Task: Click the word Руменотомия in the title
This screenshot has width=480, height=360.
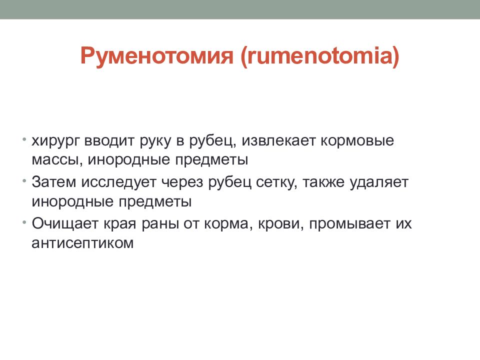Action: [x=156, y=56]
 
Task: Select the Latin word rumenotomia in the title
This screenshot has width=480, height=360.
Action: [x=319, y=55]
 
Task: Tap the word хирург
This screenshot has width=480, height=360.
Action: [x=55, y=141]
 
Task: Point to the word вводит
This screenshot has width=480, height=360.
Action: [x=109, y=140]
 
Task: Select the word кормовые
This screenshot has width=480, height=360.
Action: [x=357, y=141]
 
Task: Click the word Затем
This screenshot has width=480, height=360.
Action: [x=54, y=182]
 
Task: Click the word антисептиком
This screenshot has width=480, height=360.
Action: [x=82, y=243]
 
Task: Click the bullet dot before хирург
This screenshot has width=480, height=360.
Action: [x=24, y=139]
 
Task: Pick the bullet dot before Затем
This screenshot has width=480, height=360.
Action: [x=24, y=181]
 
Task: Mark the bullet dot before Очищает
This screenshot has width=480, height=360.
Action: [x=24, y=222]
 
